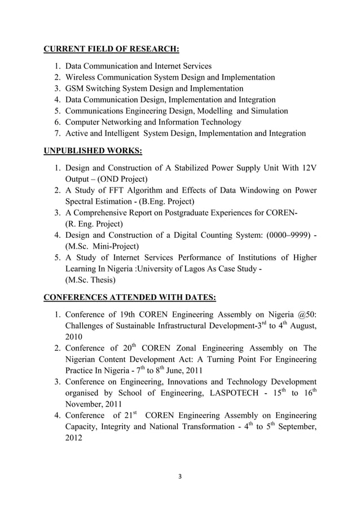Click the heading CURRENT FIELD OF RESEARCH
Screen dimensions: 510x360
111,49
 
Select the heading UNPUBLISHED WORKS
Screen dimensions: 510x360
93,151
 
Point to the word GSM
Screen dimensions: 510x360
75,89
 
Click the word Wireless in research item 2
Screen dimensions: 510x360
81,77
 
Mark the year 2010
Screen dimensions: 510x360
75,337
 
